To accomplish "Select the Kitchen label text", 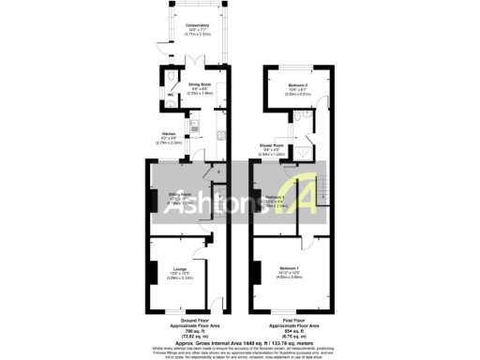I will (169, 133).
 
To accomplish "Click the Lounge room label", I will (177, 271).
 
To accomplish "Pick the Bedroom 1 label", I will (289, 269).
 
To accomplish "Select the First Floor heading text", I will (291, 320).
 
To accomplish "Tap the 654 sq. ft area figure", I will (291, 330).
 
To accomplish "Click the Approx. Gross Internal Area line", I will (239, 342).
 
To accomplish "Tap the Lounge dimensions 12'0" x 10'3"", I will (177, 276).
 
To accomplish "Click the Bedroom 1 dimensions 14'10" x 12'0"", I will (289, 274).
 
